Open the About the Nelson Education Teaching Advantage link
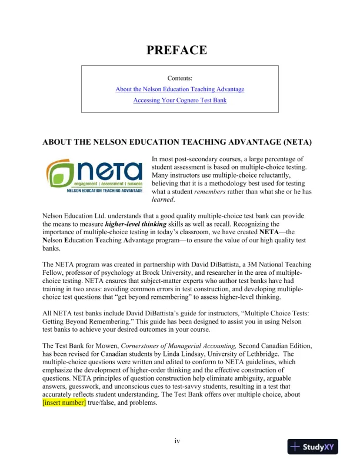(179, 89)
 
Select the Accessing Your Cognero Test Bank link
(179, 100)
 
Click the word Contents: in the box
(179, 78)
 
